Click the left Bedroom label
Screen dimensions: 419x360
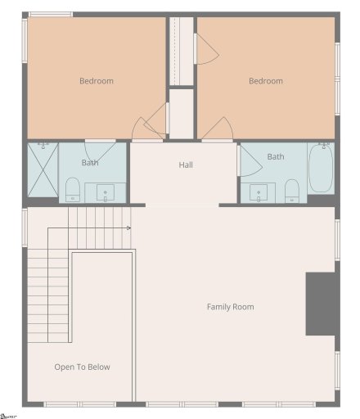tap(96, 81)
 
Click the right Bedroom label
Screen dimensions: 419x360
tap(266, 81)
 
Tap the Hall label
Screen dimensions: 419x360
tap(186, 165)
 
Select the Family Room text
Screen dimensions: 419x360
tap(230, 307)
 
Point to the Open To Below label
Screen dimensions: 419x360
tap(82, 367)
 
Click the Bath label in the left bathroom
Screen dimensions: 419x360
tap(90, 163)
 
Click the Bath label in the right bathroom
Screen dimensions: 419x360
tap(276, 156)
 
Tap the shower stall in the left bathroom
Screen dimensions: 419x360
tap(43, 171)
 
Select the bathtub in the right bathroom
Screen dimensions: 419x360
tap(320, 169)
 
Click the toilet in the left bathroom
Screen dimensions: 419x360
tap(73, 190)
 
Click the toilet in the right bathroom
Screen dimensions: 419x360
tap(292, 190)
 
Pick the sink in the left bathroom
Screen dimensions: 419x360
tap(106, 193)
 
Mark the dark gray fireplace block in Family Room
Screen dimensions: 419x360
tap(321, 304)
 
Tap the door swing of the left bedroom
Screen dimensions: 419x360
tap(147, 129)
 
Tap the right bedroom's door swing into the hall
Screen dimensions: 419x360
tap(217, 129)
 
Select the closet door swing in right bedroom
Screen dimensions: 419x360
tap(207, 52)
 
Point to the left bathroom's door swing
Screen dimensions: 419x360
tap(99, 151)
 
